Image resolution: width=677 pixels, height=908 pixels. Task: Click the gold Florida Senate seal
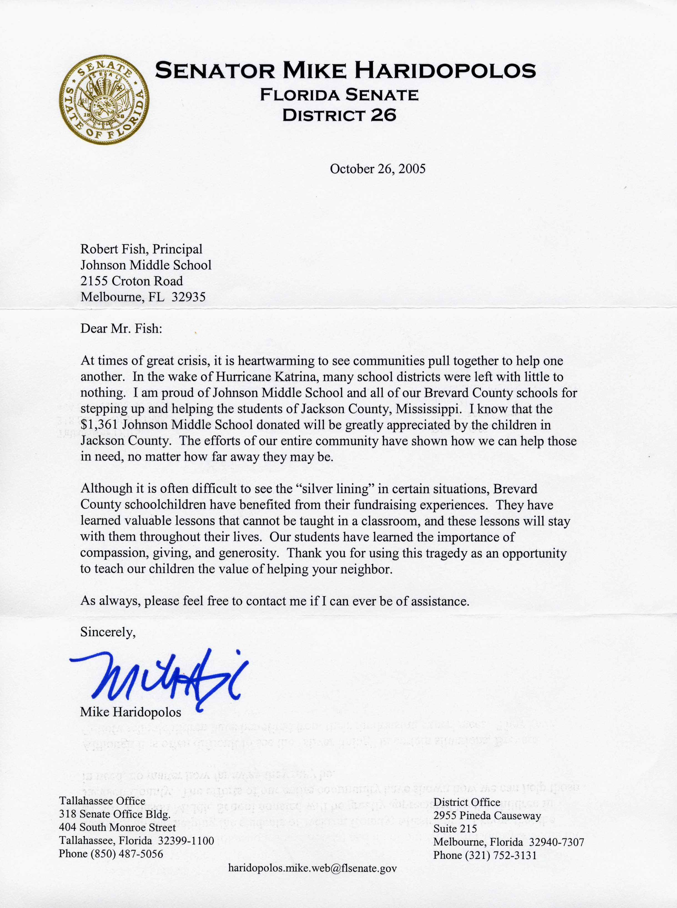[x=104, y=100]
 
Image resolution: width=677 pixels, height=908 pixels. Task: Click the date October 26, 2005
[x=377, y=169]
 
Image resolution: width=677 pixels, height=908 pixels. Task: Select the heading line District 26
[x=339, y=115]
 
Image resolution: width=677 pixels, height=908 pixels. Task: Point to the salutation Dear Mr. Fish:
[x=121, y=328]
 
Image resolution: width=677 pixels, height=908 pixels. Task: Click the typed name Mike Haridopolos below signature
[x=130, y=712]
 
